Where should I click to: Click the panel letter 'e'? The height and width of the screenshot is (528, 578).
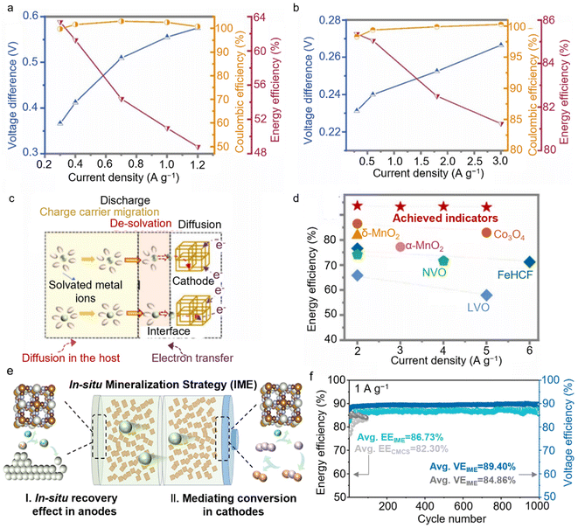coord(8,374)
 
